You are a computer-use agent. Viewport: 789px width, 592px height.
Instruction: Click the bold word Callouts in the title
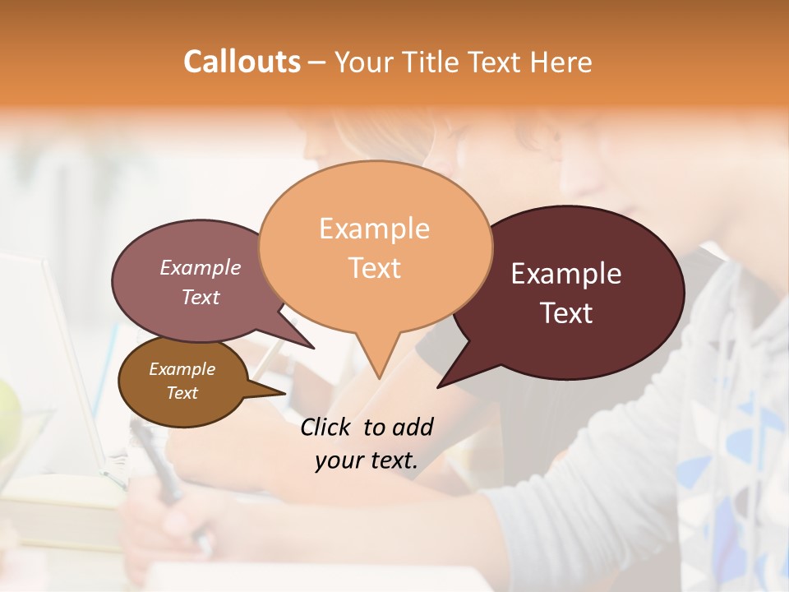pyautogui.click(x=242, y=62)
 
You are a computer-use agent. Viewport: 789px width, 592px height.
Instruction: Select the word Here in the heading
pyautogui.click(x=561, y=62)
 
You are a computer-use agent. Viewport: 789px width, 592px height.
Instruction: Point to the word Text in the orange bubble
pyautogui.click(x=374, y=267)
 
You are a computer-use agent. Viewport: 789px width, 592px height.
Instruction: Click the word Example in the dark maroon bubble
pyautogui.click(x=566, y=274)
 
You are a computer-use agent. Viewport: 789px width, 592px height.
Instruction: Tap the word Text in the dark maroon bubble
pyautogui.click(x=566, y=313)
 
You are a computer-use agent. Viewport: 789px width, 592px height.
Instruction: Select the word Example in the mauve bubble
pyautogui.click(x=201, y=267)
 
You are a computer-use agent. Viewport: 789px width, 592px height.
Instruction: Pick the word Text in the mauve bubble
pyautogui.click(x=201, y=297)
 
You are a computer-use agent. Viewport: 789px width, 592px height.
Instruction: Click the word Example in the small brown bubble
pyautogui.click(x=182, y=369)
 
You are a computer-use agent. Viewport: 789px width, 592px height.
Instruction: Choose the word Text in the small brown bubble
pyautogui.click(x=182, y=393)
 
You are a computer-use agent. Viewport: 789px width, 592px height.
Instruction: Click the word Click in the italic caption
pyautogui.click(x=326, y=427)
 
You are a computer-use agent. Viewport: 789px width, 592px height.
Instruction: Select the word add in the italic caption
pyautogui.click(x=412, y=427)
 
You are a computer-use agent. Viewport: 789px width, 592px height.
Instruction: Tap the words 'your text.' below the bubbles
pyautogui.click(x=366, y=460)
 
